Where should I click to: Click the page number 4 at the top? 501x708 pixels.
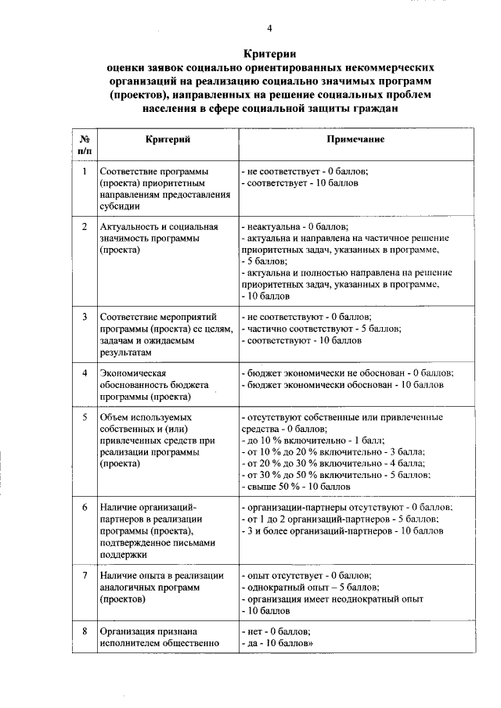[269, 29]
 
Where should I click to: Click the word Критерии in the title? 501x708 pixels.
[269, 54]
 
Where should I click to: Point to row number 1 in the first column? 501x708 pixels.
[84, 171]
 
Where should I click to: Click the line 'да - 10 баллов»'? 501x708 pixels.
[279, 644]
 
